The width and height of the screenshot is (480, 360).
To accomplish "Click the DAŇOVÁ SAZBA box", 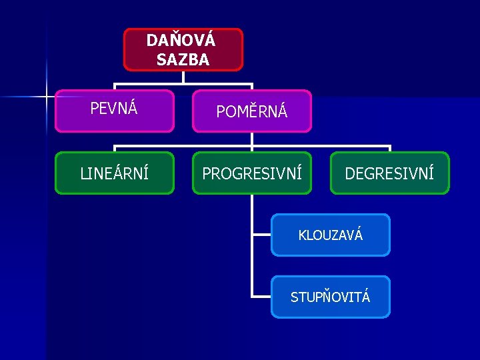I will click(x=183, y=49).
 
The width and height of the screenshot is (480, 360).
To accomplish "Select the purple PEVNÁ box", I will click(x=114, y=111).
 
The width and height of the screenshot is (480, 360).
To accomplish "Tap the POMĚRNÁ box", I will click(x=252, y=111).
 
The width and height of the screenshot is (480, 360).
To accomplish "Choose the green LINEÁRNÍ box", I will click(x=114, y=173).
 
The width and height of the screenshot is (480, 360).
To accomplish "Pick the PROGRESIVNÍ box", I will click(x=252, y=173).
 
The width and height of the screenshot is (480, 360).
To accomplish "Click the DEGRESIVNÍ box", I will click(x=390, y=173).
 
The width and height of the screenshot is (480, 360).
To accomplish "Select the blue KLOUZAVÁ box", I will click(x=331, y=235).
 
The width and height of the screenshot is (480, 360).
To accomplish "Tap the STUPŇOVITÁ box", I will click(x=331, y=297).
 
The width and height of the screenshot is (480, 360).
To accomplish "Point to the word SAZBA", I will click(x=183, y=60).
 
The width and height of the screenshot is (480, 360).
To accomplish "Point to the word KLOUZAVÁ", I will click(x=331, y=235).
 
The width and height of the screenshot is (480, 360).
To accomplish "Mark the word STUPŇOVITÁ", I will click(x=331, y=297).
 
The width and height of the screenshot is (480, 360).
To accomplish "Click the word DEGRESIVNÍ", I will click(x=390, y=174).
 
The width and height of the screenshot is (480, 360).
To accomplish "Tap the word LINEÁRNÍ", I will click(x=114, y=174).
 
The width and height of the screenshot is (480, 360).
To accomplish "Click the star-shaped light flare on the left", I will click(x=47, y=97).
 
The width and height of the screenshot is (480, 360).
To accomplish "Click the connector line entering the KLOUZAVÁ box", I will click(x=261, y=235).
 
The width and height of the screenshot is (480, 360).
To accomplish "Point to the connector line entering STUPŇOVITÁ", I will click(x=261, y=297).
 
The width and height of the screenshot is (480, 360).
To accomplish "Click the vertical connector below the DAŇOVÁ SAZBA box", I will click(x=183, y=77).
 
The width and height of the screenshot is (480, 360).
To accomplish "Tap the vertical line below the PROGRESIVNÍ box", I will click(x=252, y=213).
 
